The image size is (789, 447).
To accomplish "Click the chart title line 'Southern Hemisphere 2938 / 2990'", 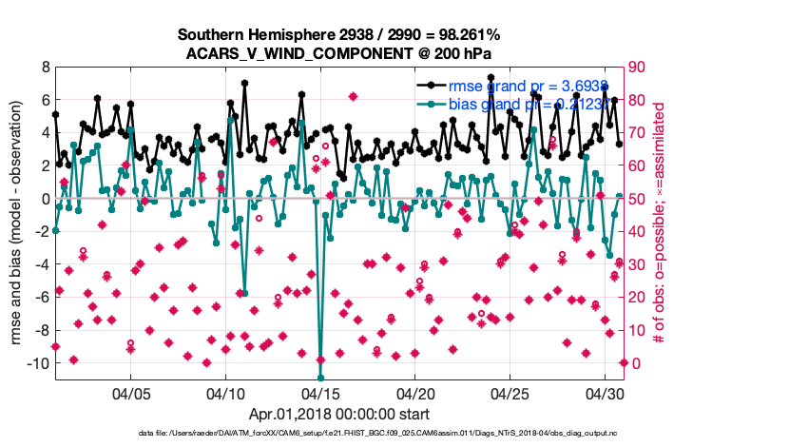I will (x=338, y=34).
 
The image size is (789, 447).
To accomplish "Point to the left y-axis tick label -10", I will (x=39, y=363).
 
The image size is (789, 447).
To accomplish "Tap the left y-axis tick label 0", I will (x=46, y=199).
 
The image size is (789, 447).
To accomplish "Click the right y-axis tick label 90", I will (x=639, y=68).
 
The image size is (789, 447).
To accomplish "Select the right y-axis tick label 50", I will (x=639, y=199).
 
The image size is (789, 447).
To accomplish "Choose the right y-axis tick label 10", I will (x=639, y=330).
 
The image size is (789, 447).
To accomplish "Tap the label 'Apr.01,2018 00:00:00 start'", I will (x=338, y=415).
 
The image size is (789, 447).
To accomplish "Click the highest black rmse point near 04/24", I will (x=491, y=78).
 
